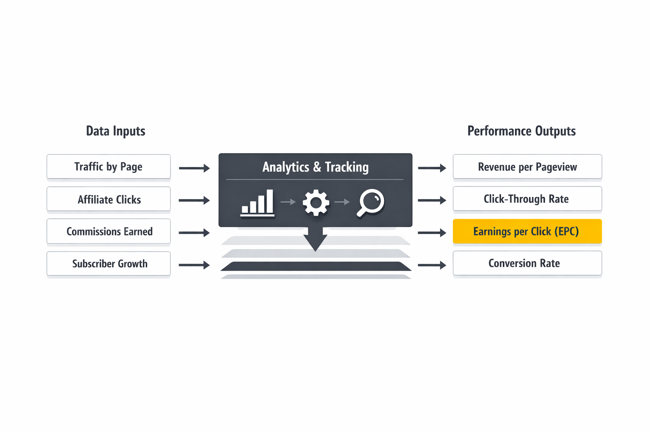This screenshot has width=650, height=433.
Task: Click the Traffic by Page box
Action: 108,167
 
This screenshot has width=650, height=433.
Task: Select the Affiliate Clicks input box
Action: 108,199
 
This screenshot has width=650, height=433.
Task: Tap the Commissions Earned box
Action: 108,231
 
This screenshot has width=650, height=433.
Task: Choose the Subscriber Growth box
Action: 108,264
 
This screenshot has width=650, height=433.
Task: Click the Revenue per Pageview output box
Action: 527,167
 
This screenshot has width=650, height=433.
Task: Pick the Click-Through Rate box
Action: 527,199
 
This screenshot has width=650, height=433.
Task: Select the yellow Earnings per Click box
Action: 527,231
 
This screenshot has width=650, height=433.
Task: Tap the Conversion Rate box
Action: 527,263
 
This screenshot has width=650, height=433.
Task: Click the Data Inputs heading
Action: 116,131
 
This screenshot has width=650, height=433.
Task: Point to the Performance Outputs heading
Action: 521,131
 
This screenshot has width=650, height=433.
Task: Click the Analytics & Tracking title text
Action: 315,167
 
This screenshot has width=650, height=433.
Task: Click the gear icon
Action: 316,203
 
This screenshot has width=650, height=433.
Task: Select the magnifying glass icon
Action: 370,203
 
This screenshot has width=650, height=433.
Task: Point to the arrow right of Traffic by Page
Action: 194,168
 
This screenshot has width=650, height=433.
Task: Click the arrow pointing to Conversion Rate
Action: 432,265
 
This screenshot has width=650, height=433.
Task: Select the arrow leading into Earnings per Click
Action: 432,233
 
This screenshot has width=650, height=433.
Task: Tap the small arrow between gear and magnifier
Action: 342,202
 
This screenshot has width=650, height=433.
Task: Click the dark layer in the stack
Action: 316,266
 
